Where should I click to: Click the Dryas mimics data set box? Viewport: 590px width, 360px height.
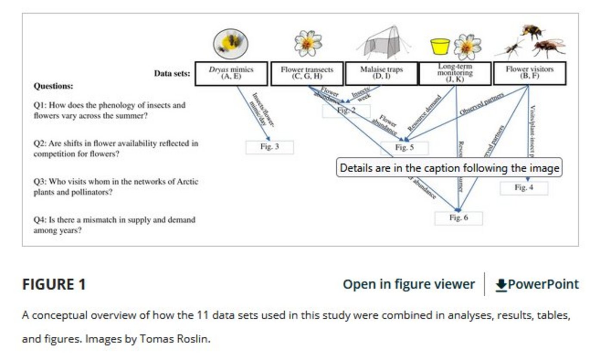[x=231, y=73]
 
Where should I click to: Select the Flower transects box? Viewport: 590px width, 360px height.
[x=307, y=73]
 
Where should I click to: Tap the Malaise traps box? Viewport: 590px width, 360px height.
[x=381, y=73]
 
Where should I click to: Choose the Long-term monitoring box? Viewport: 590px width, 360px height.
[x=455, y=73]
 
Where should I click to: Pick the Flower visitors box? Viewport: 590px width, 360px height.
[x=529, y=73]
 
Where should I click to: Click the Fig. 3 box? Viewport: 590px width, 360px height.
[x=270, y=147]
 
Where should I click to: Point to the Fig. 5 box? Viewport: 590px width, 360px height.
[x=404, y=148]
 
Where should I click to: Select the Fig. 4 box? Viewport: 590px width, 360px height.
[x=524, y=188]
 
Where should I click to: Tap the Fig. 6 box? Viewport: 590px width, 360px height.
[x=458, y=218]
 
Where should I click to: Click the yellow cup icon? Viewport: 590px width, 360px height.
[x=440, y=46]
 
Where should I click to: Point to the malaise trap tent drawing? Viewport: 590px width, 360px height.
[x=385, y=43]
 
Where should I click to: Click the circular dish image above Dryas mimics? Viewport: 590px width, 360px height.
[x=230, y=43]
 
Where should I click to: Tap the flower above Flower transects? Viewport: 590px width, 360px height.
[x=307, y=43]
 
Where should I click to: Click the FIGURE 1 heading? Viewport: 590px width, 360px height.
[x=54, y=285]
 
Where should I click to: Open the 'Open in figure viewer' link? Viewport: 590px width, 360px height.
[x=409, y=285]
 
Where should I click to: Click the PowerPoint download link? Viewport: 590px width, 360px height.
[x=537, y=285]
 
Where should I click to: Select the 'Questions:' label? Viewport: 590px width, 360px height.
[x=53, y=86]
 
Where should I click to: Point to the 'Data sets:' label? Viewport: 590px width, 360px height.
[x=172, y=74]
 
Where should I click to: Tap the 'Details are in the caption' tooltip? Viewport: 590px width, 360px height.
[x=450, y=168]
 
